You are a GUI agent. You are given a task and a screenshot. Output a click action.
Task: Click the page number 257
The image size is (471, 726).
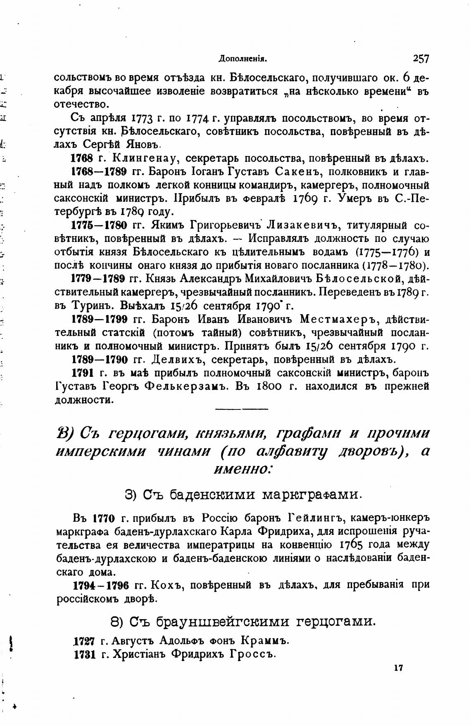pos(420,59)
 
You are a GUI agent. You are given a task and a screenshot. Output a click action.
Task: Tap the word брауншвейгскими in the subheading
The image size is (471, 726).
pos(210,621)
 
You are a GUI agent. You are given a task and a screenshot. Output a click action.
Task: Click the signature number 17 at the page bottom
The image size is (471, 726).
pos(398,668)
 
